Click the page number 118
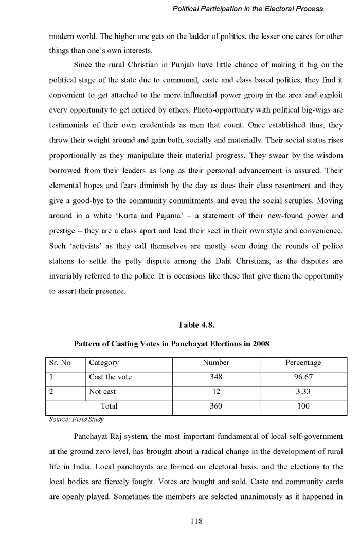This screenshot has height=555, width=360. click(196, 521)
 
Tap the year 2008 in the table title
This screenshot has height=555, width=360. click(260, 344)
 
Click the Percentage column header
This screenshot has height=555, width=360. click(303, 363)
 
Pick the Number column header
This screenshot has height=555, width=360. click(215, 363)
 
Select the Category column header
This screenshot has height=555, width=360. click(104, 363)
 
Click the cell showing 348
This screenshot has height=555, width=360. click(215, 377)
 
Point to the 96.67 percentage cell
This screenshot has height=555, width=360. click(303, 377)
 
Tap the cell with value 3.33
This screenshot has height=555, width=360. click(303, 392)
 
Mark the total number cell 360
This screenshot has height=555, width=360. click(215, 406)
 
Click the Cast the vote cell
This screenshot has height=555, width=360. click(110, 377)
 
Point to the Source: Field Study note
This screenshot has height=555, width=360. click(76, 419)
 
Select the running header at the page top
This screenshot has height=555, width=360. click(247, 9)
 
